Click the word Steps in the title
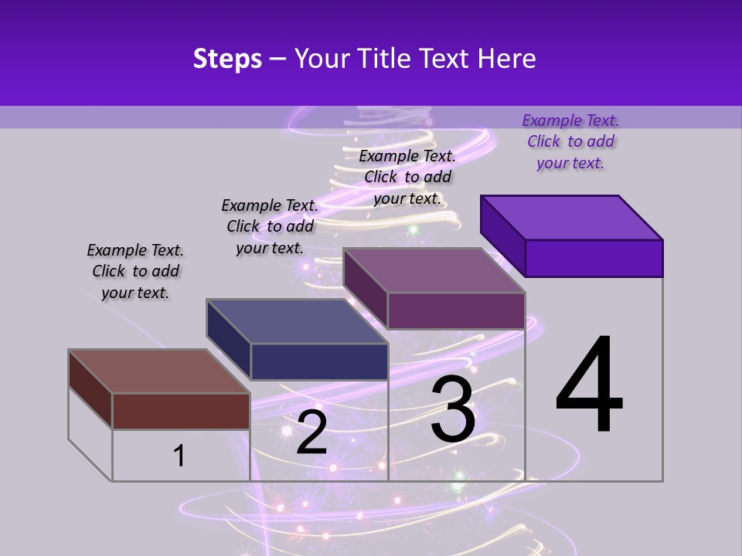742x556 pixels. click(227, 59)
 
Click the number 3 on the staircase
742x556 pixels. click(453, 409)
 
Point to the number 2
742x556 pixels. click(311, 432)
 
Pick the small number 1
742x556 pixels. click(179, 456)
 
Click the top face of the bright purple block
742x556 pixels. click(572, 218)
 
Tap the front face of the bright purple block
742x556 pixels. click(594, 258)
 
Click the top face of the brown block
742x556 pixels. click(159, 371)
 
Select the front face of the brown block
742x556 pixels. click(181, 411)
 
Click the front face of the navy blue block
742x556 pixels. click(318, 361)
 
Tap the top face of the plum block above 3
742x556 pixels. click(434, 270)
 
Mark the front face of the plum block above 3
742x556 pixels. click(456, 310)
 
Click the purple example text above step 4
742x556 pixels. click(570, 141)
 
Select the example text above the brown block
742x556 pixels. click(135, 271)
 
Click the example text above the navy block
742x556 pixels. click(270, 226)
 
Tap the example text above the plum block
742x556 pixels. click(407, 177)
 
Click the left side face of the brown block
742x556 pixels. click(90, 389)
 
